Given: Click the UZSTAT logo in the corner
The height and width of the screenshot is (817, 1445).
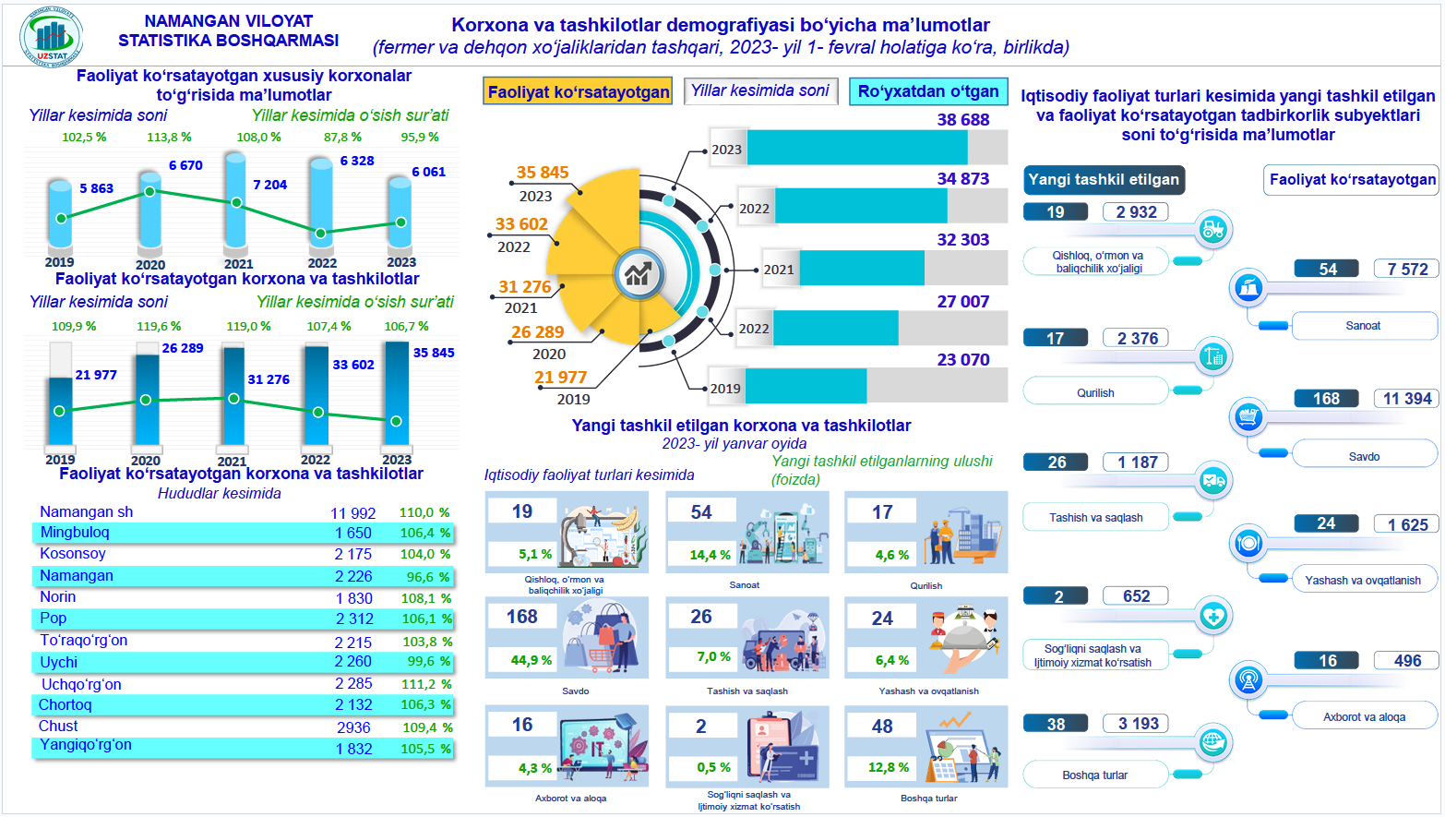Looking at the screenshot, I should click(52, 38).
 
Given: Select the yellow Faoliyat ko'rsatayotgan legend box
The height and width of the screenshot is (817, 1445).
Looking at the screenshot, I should click(579, 91).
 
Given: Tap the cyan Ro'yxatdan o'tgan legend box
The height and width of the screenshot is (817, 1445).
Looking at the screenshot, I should click(927, 91).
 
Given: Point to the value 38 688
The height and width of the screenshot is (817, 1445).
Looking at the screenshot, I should click(962, 120).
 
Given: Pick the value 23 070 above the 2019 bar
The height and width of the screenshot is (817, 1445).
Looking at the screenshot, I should click(962, 360).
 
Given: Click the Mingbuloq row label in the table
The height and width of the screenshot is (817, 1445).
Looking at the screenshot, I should click(75, 533).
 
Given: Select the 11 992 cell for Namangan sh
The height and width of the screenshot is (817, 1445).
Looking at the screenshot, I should click(353, 513).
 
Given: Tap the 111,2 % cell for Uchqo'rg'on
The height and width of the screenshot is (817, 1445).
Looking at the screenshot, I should click(425, 684).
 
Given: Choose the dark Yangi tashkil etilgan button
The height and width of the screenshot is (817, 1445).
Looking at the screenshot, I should click(1104, 180).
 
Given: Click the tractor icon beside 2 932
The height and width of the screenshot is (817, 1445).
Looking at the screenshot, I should click(1212, 229).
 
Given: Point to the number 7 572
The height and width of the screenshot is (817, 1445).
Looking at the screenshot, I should click(1407, 270).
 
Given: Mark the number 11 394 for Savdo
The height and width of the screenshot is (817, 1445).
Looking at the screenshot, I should click(1407, 399).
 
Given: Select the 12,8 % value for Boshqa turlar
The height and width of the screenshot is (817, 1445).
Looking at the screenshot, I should click(890, 767).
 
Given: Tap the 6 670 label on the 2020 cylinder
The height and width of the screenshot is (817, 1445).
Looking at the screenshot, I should click(185, 165).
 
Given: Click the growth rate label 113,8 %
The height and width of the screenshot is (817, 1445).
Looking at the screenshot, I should click(169, 137).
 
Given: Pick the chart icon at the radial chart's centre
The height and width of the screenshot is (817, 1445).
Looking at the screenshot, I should click(639, 273).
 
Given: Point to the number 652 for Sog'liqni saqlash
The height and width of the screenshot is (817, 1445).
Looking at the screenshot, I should click(1136, 596).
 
